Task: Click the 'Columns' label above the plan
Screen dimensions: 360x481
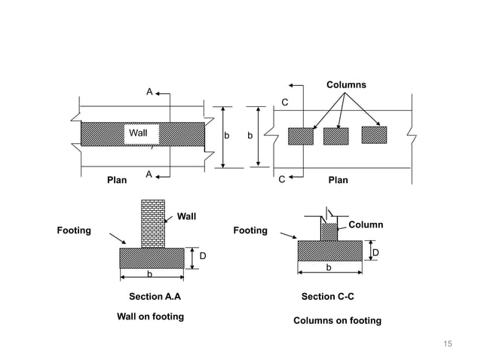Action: pyautogui.click(x=346, y=84)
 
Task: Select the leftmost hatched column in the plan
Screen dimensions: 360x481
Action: pyautogui.click(x=300, y=136)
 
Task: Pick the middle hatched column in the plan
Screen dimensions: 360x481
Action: pyautogui.click(x=335, y=136)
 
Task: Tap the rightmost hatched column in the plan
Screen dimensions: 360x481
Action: pyautogui.click(x=374, y=134)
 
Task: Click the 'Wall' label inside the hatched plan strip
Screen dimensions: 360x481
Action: pyautogui.click(x=139, y=133)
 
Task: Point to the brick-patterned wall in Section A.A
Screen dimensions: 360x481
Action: pyautogui.click(x=152, y=224)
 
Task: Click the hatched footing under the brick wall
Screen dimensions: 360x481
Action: pyautogui.click(x=152, y=258)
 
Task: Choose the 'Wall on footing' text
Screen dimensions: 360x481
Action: pyautogui.click(x=150, y=316)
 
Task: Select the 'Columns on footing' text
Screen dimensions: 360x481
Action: pyautogui.click(x=337, y=321)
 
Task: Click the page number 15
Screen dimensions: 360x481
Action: pyautogui.click(x=448, y=344)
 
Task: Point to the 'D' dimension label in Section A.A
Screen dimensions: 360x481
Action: pyautogui.click(x=203, y=257)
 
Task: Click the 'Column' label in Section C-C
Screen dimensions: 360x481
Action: pyautogui.click(x=365, y=224)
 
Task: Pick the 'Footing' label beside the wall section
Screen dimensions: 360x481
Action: pyautogui.click(x=74, y=230)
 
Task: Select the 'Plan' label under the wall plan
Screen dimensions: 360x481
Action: pyautogui.click(x=117, y=181)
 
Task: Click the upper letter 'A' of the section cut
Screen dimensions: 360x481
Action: pyautogui.click(x=149, y=92)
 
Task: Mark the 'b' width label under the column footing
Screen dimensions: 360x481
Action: pyautogui.click(x=328, y=267)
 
